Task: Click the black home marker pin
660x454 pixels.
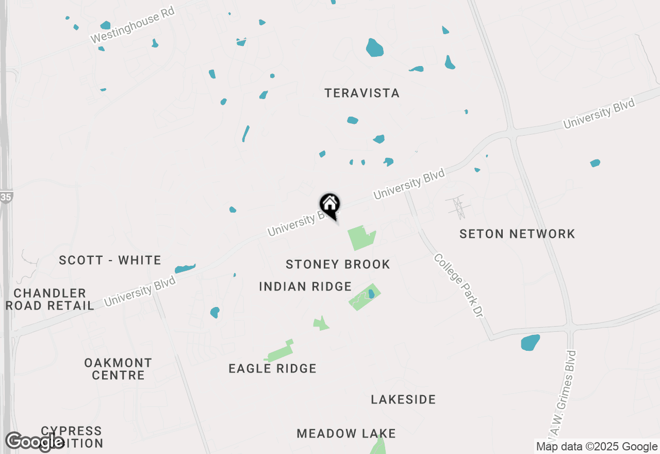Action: pyautogui.click(x=329, y=205)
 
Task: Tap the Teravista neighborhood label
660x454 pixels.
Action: pyautogui.click(x=362, y=93)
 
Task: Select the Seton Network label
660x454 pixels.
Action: pyautogui.click(x=517, y=234)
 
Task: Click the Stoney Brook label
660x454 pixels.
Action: pyautogui.click(x=338, y=265)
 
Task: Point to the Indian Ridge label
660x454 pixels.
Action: pyautogui.click(x=305, y=286)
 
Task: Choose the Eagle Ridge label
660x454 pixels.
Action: pyautogui.click(x=272, y=368)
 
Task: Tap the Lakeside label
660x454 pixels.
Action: pyautogui.click(x=403, y=399)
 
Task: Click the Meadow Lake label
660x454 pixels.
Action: pyautogui.click(x=346, y=433)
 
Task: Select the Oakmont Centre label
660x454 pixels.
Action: pyautogui.click(x=118, y=369)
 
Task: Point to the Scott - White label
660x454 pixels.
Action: pyautogui.click(x=110, y=260)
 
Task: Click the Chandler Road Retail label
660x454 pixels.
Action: pyautogui.click(x=50, y=299)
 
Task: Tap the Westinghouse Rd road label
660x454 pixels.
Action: pyautogui.click(x=133, y=25)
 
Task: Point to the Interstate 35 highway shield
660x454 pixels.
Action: pyautogui.click(x=6, y=197)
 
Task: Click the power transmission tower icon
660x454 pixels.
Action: pyautogui.click(x=457, y=207)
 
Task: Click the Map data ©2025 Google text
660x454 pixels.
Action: pyautogui.click(x=597, y=447)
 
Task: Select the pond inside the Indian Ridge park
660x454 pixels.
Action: pyautogui.click(x=371, y=294)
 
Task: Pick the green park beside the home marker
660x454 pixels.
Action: pyautogui.click(x=361, y=238)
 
